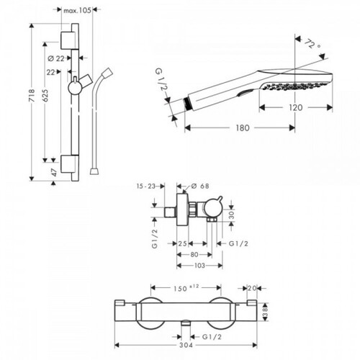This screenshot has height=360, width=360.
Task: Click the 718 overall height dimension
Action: point(32,95)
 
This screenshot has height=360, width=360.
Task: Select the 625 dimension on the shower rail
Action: point(45,95)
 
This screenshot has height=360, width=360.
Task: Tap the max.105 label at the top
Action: point(77,10)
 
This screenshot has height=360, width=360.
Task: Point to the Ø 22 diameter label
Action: point(56,58)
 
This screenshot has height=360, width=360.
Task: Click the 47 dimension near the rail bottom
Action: point(55,172)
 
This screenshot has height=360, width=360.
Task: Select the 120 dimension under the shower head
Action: point(295,108)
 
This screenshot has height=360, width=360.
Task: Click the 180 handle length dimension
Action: point(243,128)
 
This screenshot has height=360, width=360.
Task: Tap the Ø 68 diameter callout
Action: point(200,186)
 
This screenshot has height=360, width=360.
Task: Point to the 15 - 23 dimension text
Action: point(146,186)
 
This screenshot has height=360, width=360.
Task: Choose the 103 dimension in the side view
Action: point(199,266)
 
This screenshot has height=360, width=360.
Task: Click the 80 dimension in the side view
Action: point(194,254)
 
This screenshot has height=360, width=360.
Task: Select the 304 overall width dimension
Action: point(186,345)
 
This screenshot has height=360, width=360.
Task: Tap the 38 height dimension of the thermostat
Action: point(265,312)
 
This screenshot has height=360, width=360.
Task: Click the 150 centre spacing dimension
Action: point(180,288)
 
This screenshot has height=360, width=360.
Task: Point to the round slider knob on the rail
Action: point(75,88)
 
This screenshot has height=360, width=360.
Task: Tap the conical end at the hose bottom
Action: point(94,171)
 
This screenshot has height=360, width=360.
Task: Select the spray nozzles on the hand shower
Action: point(294,86)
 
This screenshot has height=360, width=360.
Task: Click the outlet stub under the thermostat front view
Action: point(186,323)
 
